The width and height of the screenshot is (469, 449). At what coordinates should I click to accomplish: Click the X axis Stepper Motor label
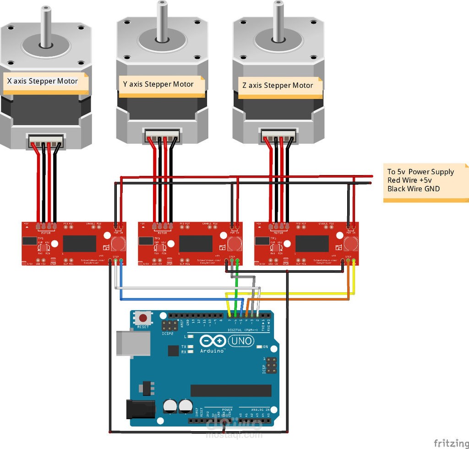43,81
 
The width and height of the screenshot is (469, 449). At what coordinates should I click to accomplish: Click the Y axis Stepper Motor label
158,84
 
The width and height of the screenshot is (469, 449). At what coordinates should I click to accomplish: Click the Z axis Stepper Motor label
278,86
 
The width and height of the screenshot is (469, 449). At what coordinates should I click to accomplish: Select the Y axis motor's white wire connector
162,136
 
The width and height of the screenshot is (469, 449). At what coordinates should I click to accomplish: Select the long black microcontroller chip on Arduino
230,390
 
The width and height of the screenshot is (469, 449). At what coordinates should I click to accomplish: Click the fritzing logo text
451,443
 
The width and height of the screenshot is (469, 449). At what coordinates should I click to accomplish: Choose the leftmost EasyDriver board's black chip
79,243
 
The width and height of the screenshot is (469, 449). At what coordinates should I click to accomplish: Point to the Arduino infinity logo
212,341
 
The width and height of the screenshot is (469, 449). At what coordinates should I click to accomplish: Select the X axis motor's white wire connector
46,140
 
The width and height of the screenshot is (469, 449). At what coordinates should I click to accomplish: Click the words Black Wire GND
413,189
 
